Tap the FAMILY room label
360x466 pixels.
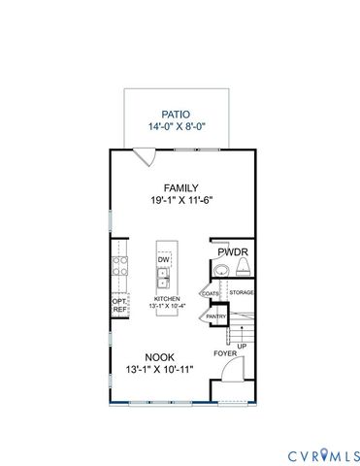tap(180, 188)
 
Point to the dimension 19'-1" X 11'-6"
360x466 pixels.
tap(180, 202)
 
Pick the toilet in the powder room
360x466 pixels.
tap(220, 268)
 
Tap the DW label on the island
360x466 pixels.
tap(164, 260)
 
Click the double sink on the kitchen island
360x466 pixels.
tap(164, 280)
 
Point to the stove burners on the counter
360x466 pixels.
tap(120, 269)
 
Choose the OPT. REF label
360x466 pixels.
tap(120, 306)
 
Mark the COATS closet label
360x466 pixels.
tap(210, 292)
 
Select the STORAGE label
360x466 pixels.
tap(242, 292)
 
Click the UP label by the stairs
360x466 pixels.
tap(242, 346)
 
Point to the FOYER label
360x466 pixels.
tap(225, 353)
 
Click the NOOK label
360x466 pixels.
tap(161, 356)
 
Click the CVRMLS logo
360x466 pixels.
tap(323, 454)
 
